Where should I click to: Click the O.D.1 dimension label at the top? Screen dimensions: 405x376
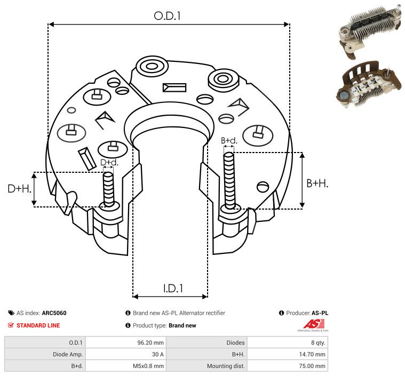pyautogui.click(x=167, y=16)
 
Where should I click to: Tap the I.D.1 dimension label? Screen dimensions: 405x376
pyautogui.click(x=173, y=288)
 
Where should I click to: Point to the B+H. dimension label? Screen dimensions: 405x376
pyautogui.click(x=317, y=183)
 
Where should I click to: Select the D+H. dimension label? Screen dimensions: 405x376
pyautogui.click(x=20, y=189)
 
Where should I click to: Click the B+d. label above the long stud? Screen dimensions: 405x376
pyautogui.click(x=229, y=140)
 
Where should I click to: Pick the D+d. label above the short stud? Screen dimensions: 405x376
pyautogui.click(x=109, y=163)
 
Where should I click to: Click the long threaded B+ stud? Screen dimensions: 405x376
pyautogui.click(x=229, y=180)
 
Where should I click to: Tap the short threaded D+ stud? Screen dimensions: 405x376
pyautogui.click(x=108, y=189)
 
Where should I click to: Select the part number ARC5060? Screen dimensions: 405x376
pyautogui.click(x=54, y=313)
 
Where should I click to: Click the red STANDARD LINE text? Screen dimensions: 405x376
pyautogui.click(x=38, y=325)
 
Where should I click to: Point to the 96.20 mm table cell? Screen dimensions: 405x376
pyautogui.click(x=150, y=343)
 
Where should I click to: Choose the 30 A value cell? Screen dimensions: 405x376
pyautogui.click(x=158, y=354)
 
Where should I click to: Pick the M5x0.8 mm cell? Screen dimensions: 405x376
pyautogui.click(x=148, y=366)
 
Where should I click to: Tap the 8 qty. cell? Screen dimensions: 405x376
pyautogui.click(x=318, y=343)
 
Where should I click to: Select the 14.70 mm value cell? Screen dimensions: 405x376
pyautogui.click(x=312, y=354)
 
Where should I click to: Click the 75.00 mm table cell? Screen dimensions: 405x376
pyautogui.click(x=312, y=366)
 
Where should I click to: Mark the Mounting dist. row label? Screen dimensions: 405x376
pyautogui.click(x=226, y=366)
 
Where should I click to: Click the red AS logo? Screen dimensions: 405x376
pyautogui.click(x=314, y=324)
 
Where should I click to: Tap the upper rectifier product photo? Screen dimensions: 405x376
pyautogui.click(x=370, y=31)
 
